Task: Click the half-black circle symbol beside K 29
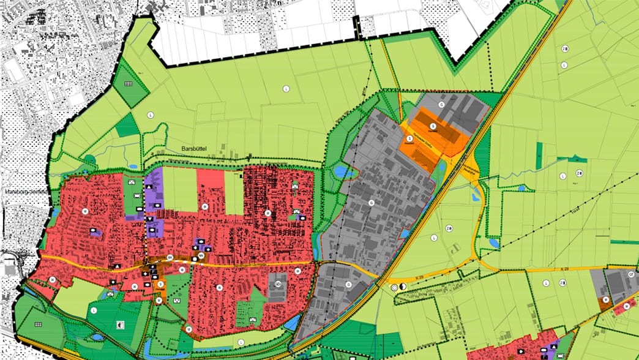pos(402,287)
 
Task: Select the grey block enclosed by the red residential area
pos(277,286)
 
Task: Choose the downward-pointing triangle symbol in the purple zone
pos(151,218)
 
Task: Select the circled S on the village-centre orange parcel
pos(160,284)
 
